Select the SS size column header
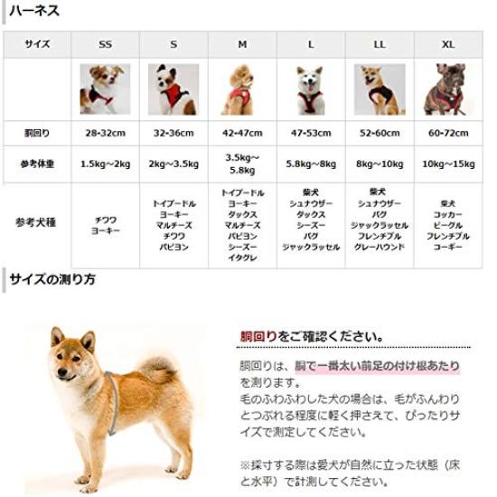[x=106, y=44]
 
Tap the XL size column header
[x=448, y=44]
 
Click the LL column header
[x=380, y=44]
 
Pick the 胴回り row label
[x=37, y=134]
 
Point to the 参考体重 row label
[x=37, y=164]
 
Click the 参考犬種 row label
[x=37, y=222]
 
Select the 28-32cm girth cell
[x=106, y=134]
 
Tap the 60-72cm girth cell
[x=448, y=134]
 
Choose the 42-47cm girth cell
[x=242, y=134]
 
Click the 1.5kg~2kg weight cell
[x=106, y=164]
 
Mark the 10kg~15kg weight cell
[x=448, y=164]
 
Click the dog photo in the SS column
[x=106, y=89]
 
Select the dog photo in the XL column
[x=447, y=89]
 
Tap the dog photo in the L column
[x=311, y=89]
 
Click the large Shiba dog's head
[x=74, y=353]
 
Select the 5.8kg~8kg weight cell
[x=311, y=164]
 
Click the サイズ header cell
[x=37, y=44]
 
